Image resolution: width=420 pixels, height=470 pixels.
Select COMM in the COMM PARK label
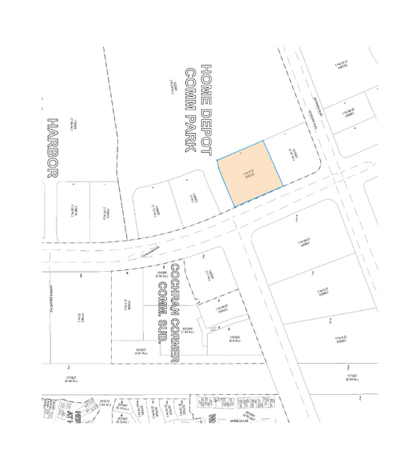point(191,82)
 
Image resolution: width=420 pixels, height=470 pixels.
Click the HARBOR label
point(53,149)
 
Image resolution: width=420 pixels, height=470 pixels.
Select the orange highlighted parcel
point(252,173)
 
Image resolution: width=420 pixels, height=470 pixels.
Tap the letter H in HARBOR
point(53,125)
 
